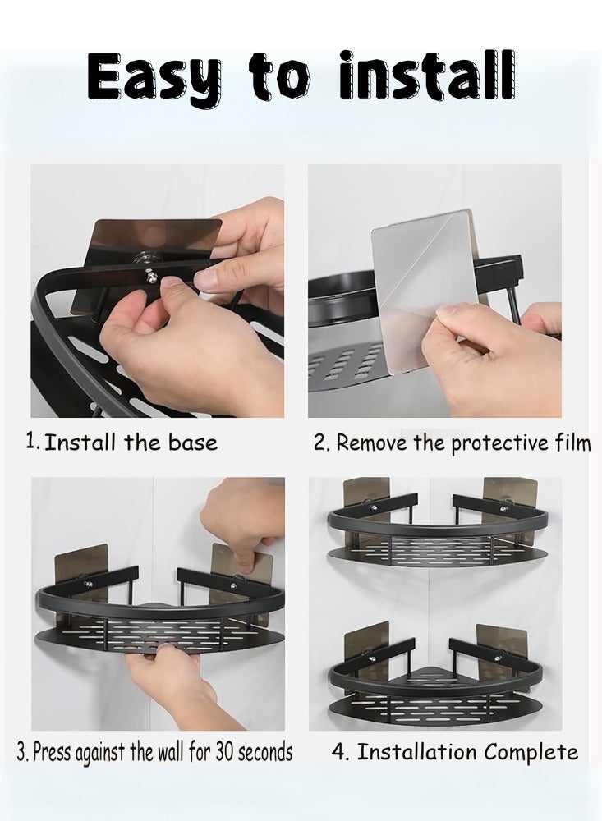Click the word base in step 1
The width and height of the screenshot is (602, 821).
click(x=192, y=443)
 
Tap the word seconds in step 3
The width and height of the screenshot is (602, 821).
click(x=265, y=752)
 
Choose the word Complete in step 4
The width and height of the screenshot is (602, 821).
click(x=531, y=752)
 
